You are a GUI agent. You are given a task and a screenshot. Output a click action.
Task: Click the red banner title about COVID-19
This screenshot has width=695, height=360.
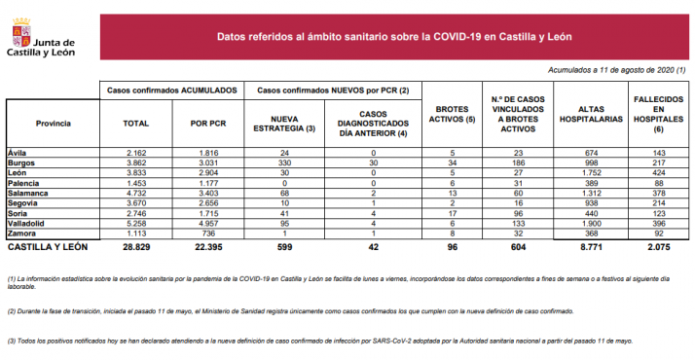[x=393, y=37]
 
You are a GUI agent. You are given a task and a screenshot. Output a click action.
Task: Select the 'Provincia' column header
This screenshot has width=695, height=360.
[x=53, y=124]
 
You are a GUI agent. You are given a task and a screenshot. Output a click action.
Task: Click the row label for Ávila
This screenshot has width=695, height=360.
[x=17, y=154]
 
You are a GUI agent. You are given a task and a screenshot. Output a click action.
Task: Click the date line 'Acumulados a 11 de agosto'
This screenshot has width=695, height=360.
[x=617, y=70]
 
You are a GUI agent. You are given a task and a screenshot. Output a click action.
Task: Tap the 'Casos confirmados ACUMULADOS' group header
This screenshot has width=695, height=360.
[x=171, y=90]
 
